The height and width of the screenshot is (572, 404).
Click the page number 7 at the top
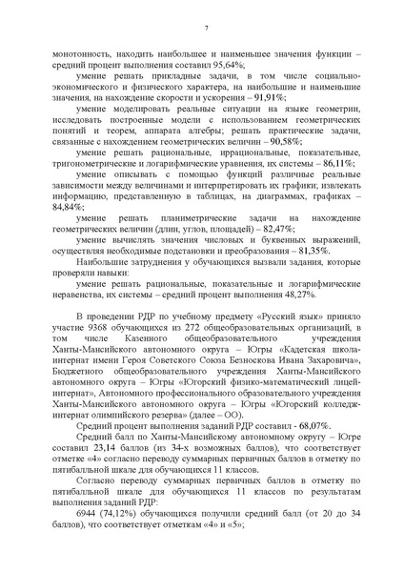[x=206, y=27]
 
